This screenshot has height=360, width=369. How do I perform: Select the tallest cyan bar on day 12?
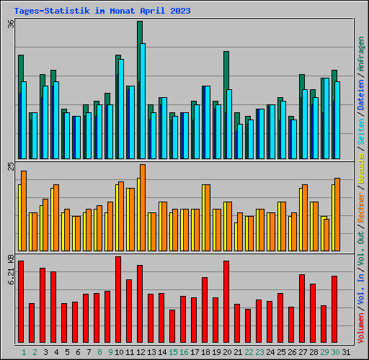click(143, 101)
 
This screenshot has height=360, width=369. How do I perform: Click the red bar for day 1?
click(21, 302)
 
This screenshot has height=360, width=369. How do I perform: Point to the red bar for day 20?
click(226, 302)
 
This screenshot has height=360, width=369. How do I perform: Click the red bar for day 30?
click(334, 310)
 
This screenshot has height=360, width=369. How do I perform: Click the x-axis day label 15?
click(173, 352)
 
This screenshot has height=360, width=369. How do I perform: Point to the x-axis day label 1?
click(24, 352)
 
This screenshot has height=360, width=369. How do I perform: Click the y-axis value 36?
click(10, 23)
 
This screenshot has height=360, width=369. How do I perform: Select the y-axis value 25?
click(10, 166)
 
